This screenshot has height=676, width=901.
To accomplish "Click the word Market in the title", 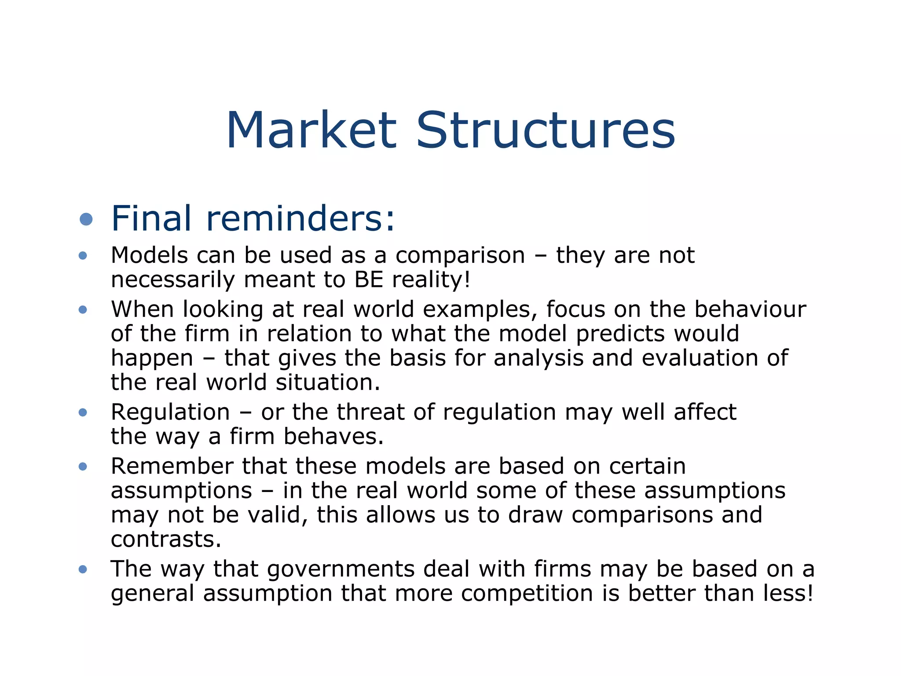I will coord(311,131).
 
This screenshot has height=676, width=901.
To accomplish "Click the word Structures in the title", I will coord(546,131).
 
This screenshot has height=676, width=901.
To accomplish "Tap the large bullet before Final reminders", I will coord(86,219).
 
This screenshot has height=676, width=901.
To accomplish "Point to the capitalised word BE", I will coord(369,279).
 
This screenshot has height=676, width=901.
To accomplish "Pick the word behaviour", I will coord(750,309).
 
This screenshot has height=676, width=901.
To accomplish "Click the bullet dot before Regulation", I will coord(83,412).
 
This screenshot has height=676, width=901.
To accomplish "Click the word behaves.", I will coord(333,437).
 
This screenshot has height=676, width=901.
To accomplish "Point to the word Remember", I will coord(172,466).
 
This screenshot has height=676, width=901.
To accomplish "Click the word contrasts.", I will coord(166,539).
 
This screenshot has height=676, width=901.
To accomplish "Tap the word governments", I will coord(341,569).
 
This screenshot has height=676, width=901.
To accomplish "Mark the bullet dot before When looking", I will coord(83,310).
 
